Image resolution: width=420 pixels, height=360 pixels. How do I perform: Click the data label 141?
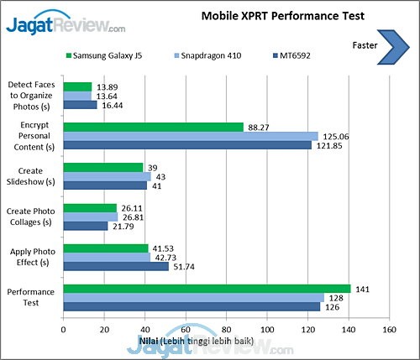364,288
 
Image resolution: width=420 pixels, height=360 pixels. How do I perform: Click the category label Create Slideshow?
32,176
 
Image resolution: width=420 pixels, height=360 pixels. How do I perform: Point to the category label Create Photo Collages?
32,217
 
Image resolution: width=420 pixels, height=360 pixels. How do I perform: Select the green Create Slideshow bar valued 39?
102,167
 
